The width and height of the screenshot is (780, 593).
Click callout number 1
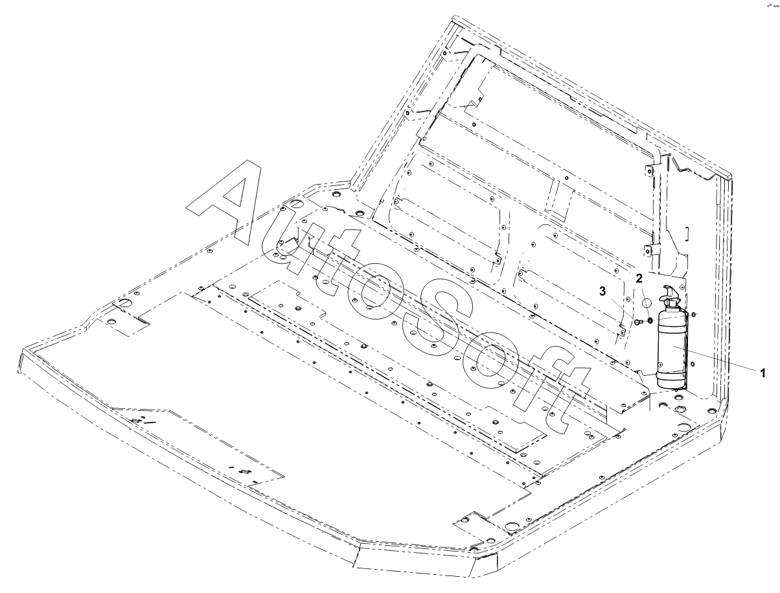tap(763, 373)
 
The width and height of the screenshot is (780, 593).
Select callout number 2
tap(639, 279)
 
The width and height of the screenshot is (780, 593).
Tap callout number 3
tap(602, 292)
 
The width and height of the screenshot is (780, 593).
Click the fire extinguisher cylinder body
tap(671, 350)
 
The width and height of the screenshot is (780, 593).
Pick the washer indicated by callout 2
tap(650, 321)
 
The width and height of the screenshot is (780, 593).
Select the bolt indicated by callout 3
tap(637, 321)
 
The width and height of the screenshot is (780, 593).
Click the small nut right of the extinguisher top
tap(694, 314)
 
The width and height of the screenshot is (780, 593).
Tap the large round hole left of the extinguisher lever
tap(647, 303)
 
